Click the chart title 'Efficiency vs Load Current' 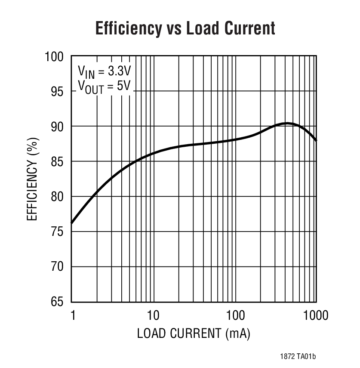click(x=185, y=28)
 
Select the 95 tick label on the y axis click(x=58, y=91)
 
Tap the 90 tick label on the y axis click(x=58, y=127)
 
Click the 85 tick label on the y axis click(x=58, y=161)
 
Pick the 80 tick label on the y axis click(x=58, y=197)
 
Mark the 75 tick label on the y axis click(x=58, y=232)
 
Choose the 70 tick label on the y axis click(x=58, y=267)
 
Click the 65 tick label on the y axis click(x=58, y=302)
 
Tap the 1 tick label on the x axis click(x=72, y=315)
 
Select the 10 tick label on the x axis click(x=153, y=315)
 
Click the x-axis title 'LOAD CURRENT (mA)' click(x=194, y=334)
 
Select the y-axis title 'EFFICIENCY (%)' click(x=33, y=179)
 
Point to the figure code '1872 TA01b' click(x=298, y=356)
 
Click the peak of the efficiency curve click(x=286, y=124)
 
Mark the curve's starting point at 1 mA click(x=71, y=223)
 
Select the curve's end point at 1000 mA click(x=317, y=141)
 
